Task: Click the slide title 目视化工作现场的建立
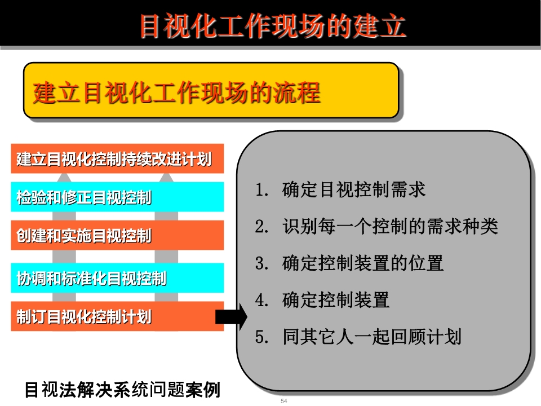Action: tap(273, 26)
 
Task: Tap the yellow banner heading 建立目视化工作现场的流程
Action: tap(176, 92)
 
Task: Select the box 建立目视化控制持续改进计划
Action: tap(117, 158)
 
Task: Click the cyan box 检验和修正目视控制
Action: tap(117, 197)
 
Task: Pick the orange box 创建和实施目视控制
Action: tap(117, 235)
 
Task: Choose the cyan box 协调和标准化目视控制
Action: tap(117, 278)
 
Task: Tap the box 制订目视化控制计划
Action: tap(117, 316)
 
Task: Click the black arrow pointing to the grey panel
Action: tap(231, 316)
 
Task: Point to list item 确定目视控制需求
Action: tap(354, 189)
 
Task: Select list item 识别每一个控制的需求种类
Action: tap(390, 227)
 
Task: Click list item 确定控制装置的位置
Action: tap(362, 263)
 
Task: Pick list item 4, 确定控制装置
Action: tap(336, 299)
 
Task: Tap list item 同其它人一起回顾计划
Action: tap(372, 337)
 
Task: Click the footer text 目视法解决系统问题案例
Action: tap(122, 390)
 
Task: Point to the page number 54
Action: tap(283, 401)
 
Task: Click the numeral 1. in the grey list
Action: tap(261, 190)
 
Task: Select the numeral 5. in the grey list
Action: tap(261, 337)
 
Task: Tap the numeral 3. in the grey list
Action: tap(261, 263)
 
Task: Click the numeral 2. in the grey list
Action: tap(261, 227)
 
